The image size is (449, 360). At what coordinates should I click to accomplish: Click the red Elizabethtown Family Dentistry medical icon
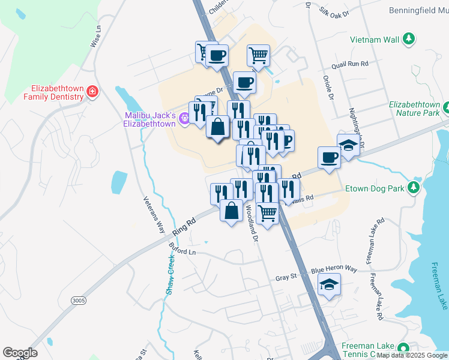(93, 92)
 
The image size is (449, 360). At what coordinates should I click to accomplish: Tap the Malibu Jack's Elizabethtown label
(149, 119)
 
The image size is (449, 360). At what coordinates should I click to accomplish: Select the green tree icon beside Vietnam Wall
(409, 40)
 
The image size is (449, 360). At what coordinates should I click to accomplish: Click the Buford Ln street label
(182, 253)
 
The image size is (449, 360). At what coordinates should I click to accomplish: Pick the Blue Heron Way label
(334, 271)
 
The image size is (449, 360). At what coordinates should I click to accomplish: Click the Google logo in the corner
(20, 353)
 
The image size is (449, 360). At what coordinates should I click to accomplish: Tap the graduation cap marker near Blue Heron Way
(329, 284)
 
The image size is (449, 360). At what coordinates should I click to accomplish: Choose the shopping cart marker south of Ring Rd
(267, 212)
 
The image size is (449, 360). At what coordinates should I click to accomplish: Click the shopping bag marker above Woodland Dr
(231, 211)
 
